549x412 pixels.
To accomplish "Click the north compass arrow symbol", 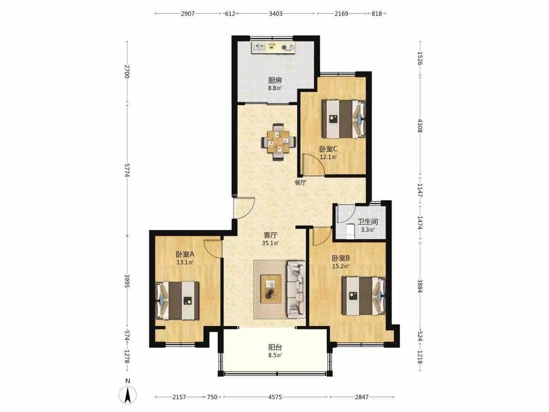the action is pyautogui.click(x=128, y=395).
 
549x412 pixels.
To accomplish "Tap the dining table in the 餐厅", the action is pyautogui.click(x=278, y=142).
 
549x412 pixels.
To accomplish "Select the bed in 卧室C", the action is pyautogui.click(x=344, y=119).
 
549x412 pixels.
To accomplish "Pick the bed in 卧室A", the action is pyautogui.click(x=177, y=301).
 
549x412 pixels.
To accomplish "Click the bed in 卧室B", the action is pyautogui.click(x=364, y=296).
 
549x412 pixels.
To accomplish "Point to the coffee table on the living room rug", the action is pyautogui.click(x=271, y=289).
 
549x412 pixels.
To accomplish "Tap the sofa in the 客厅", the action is pyautogui.click(x=296, y=290).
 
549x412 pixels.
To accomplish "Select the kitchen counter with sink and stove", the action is pyautogui.click(x=274, y=47).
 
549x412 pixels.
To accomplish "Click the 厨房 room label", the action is pyautogui.click(x=275, y=80).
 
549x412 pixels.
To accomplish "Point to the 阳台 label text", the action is pyautogui.click(x=275, y=347).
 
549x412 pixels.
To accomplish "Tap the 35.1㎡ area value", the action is pyautogui.click(x=270, y=243).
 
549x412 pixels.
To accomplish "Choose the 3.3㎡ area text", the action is pyautogui.click(x=368, y=230).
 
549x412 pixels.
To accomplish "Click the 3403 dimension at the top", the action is pyautogui.click(x=276, y=13).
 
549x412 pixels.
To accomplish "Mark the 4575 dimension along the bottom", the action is pyautogui.click(x=275, y=397).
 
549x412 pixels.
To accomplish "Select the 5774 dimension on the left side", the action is pyautogui.click(x=127, y=170).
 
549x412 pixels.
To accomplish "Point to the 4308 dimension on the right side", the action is pyautogui.click(x=420, y=126).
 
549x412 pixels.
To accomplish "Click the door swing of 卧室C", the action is pyautogui.click(x=313, y=164).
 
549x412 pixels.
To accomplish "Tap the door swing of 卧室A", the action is pyautogui.click(x=213, y=249).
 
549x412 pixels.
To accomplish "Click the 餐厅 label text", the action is pyautogui.click(x=300, y=183).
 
